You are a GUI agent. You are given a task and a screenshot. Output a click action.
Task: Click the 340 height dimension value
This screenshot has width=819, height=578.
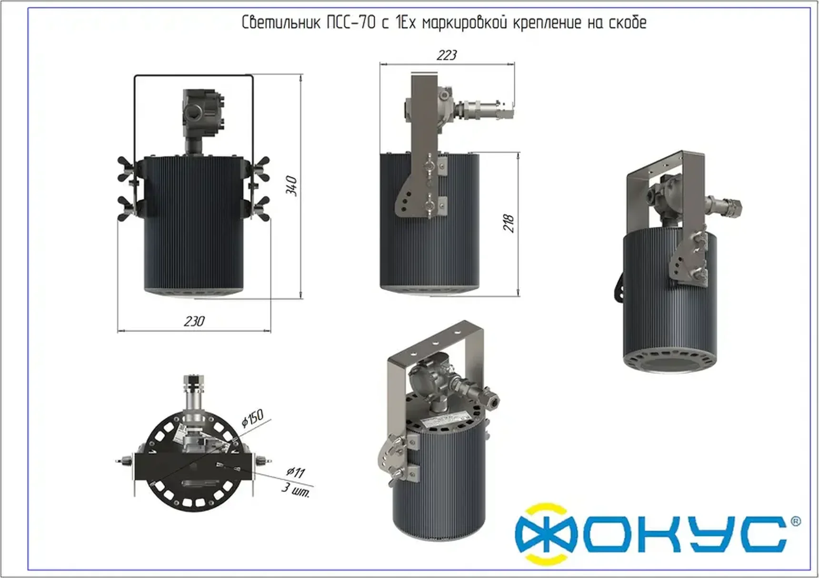click(292, 186)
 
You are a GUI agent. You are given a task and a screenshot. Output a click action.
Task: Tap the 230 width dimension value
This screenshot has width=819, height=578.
click(194, 322)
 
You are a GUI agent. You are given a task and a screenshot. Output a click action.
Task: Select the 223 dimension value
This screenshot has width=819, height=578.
click(447, 55)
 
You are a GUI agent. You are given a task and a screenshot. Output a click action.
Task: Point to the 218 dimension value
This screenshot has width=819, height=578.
click(509, 223)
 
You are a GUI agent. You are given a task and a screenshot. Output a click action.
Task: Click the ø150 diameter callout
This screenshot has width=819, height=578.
click(252, 418)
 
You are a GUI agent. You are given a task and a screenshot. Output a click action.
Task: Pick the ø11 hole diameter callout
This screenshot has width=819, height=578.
click(295, 472)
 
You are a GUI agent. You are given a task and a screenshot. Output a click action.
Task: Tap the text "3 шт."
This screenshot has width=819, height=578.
click(296, 490)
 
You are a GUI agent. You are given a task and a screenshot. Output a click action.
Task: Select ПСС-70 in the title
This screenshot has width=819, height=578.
click(351, 22)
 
